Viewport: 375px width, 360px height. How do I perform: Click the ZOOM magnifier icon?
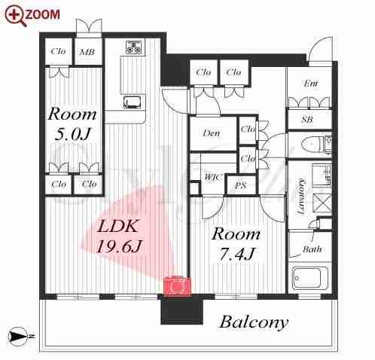pos(15,16)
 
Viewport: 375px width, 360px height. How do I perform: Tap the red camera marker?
pos(177,286)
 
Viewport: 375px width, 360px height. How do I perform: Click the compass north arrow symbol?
pos(17,335)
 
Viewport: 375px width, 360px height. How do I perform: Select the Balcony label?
pos(254,322)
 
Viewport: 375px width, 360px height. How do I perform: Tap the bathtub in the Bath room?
pos(310,278)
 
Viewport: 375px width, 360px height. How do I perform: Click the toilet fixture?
pos(316,145)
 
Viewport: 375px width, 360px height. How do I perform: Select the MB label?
pos(87,52)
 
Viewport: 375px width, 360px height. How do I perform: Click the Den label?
pos(211,133)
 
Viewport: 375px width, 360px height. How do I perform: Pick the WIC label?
pos(213,177)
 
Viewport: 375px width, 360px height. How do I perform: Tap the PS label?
pos(240,185)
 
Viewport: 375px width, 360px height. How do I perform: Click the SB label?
pos(307,120)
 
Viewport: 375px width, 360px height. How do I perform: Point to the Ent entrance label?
pos(310,83)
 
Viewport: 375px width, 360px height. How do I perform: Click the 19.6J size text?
pos(119,246)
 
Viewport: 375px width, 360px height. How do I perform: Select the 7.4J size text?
pos(236,254)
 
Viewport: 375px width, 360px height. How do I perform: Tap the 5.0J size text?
pos(72,134)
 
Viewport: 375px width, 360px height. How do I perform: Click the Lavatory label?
pos(301,197)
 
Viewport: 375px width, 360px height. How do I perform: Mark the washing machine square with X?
pos(322,202)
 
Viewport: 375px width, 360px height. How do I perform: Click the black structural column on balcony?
pos(181,311)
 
